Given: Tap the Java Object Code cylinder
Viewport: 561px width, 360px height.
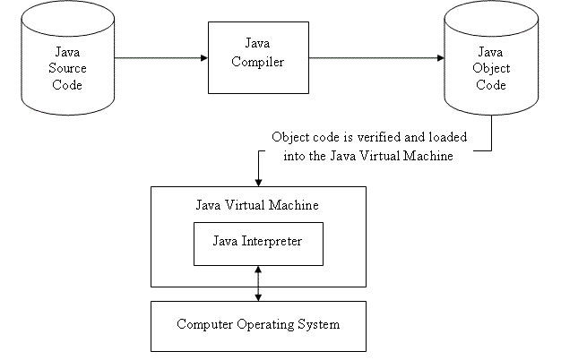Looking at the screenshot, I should tap(490, 63).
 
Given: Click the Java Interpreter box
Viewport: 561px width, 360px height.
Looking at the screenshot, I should tap(258, 243).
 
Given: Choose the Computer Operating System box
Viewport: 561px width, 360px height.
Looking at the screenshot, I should tap(258, 325).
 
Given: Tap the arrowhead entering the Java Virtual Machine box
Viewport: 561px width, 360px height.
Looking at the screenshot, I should tap(258, 181).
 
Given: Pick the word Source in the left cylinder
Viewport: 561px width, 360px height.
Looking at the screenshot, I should tap(67, 70).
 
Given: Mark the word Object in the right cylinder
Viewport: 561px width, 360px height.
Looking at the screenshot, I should tap(490, 70).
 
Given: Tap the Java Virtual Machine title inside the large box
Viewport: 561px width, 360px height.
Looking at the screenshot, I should tap(257, 205).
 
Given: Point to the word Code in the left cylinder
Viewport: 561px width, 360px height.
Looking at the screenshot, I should tap(67, 85).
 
